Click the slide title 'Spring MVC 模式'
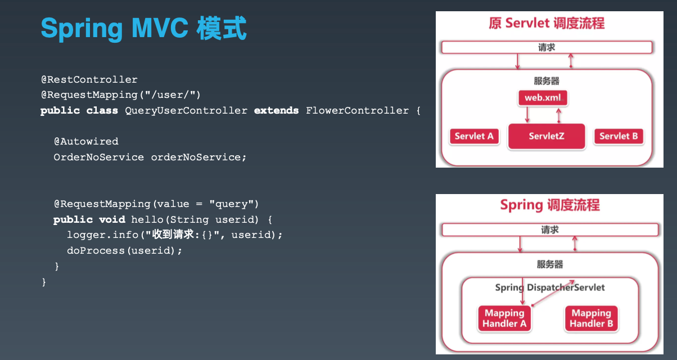coord(143,28)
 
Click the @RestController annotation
coord(89,79)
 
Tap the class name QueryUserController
coord(186,111)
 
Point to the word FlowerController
coord(358,111)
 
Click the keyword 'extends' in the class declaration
coord(277,111)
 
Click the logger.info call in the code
coord(105,235)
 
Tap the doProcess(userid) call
coord(124,250)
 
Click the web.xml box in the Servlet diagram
coord(543,98)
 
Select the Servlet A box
coord(475,136)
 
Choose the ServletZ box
coord(546,137)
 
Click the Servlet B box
coord(619,136)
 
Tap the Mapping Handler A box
coord(504,318)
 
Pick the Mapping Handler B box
coord(591,318)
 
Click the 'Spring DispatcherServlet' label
coord(550,287)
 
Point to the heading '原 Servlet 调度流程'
coord(546,23)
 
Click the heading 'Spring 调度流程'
coord(549,205)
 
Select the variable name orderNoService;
coord(199,157)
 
